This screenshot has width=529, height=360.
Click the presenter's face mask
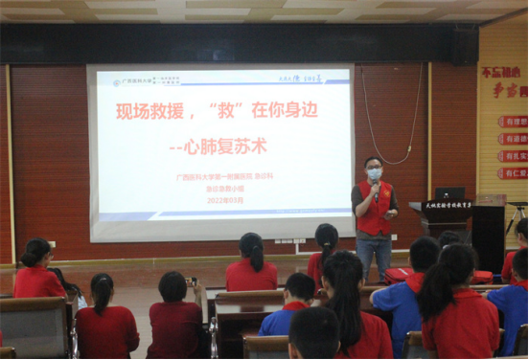point(374,174)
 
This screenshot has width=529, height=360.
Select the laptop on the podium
point(449,193)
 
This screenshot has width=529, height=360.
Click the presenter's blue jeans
point(374,254)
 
